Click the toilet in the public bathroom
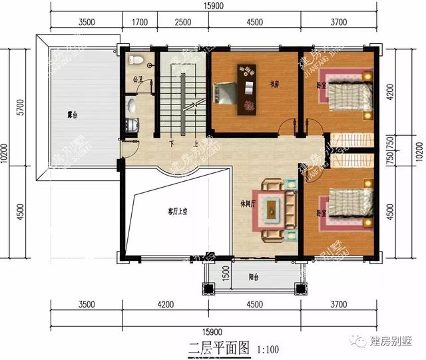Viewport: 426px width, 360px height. click(x=137, y=60)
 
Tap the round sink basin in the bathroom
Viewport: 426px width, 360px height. click(x=132, y=105)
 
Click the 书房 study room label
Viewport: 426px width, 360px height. click(x=273, y=85)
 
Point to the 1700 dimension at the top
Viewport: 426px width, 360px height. click(x=140, y=23)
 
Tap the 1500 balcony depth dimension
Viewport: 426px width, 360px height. click(x=226, y=272)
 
